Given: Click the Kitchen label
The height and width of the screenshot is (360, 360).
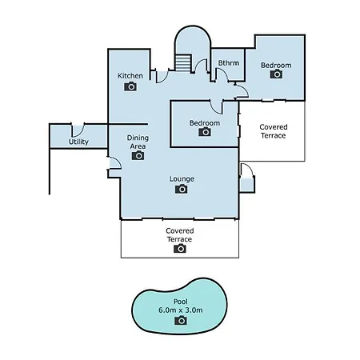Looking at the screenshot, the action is click(x=130, y=76).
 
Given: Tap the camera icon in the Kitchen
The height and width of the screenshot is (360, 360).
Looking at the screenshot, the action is click(x=130, y=86).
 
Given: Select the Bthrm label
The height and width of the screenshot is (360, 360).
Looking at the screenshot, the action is click(x=229, y=63).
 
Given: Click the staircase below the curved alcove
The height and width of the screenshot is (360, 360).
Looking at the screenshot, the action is click(x=183, y=63).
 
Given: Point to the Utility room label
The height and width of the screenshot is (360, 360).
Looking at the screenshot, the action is click(x=78, y=142).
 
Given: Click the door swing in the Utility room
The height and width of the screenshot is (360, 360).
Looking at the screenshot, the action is click(x=78, y=131).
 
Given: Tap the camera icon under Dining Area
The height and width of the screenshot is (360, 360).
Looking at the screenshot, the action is click(x=138, y=155).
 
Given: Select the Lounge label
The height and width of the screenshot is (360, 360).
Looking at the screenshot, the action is click(x=182, y=178).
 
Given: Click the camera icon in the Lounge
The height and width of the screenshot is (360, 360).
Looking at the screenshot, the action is click(x=182, y=189).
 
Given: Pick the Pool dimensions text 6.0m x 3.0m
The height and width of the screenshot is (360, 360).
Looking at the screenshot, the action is click(x=181, y=310).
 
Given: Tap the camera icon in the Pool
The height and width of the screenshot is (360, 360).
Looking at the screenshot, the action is click(x=181, y=320).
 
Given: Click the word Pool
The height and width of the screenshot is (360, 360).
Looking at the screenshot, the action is click(x=181, y=302).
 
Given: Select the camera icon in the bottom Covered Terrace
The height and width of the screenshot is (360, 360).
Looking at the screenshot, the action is click(x=180, y=248).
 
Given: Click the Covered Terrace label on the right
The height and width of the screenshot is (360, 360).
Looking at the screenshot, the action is click(x=274, y=131).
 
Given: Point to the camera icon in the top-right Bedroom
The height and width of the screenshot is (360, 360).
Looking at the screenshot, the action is click(x=276, y=74).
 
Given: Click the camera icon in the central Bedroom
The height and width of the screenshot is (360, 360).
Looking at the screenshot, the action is click(x=205, y=132).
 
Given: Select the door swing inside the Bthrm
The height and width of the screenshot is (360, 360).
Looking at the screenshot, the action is click(x=222, y=74).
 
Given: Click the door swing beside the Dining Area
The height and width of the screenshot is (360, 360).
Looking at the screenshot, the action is click(x=115, y=163).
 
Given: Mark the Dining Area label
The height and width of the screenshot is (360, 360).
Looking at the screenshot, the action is click(x=138, y=142).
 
